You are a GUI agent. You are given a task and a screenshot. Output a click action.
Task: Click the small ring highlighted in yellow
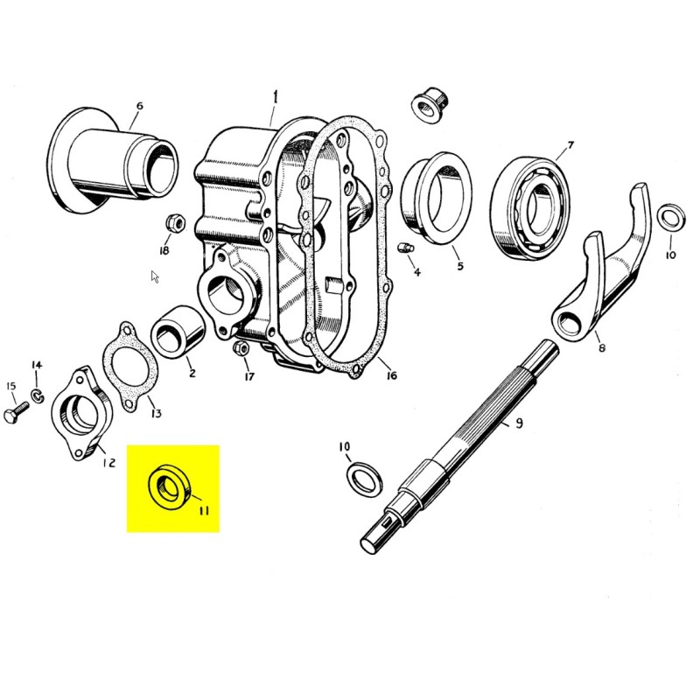(167, 486)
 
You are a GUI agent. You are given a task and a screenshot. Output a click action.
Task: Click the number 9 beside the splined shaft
(519, 423)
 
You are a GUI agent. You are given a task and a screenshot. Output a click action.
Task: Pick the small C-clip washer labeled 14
(38, 397)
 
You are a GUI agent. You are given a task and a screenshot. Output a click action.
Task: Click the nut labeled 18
(174, 224)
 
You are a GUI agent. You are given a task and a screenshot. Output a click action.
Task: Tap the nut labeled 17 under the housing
(241, 350)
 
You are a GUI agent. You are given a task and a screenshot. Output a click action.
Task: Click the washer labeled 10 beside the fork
(670, 217)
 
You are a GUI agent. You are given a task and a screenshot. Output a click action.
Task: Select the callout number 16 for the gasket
(390, 375)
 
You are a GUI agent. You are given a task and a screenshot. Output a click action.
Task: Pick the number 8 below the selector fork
(601, 348)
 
